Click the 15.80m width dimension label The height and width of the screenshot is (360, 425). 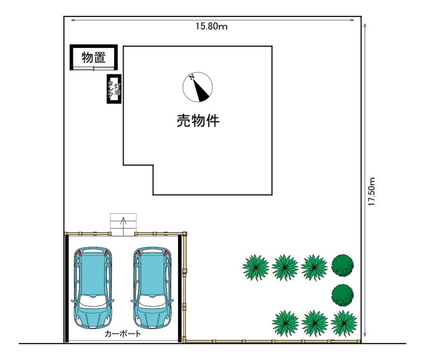211,26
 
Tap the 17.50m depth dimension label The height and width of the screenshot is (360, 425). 371,191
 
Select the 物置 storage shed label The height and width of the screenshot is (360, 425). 93,57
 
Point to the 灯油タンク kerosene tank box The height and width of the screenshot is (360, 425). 114,89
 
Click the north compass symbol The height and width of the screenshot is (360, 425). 198,87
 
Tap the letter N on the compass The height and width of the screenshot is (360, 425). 192,77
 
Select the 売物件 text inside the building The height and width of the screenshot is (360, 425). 198,121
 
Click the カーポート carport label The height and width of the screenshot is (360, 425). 123,334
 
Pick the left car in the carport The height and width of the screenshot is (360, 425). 92,288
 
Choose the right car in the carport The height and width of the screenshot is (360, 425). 152,288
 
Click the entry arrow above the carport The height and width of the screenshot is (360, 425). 123,226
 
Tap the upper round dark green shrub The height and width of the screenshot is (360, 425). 342,265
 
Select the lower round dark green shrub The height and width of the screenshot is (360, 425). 342,295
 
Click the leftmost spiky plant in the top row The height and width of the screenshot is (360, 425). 256,267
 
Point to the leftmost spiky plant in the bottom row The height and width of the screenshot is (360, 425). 285,323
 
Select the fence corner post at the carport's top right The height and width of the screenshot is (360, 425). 184,233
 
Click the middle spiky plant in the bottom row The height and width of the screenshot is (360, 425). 314,323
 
